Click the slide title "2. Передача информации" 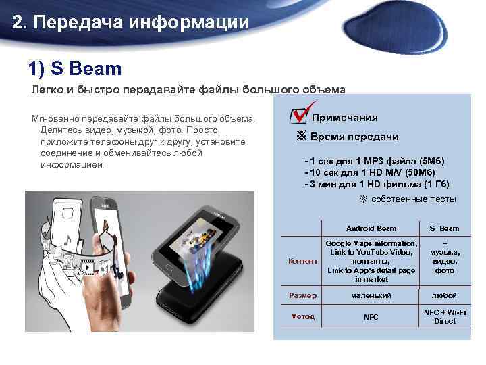131,22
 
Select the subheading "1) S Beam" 75,68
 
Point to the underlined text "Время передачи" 354,137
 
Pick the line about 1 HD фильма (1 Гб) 377,184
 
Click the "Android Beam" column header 371,228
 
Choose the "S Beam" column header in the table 444,228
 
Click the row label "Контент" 302,261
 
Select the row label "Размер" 302,295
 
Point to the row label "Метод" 302,316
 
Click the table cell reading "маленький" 371,295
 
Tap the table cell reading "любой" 444,295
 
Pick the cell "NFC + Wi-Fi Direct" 444,316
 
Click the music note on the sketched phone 68,239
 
